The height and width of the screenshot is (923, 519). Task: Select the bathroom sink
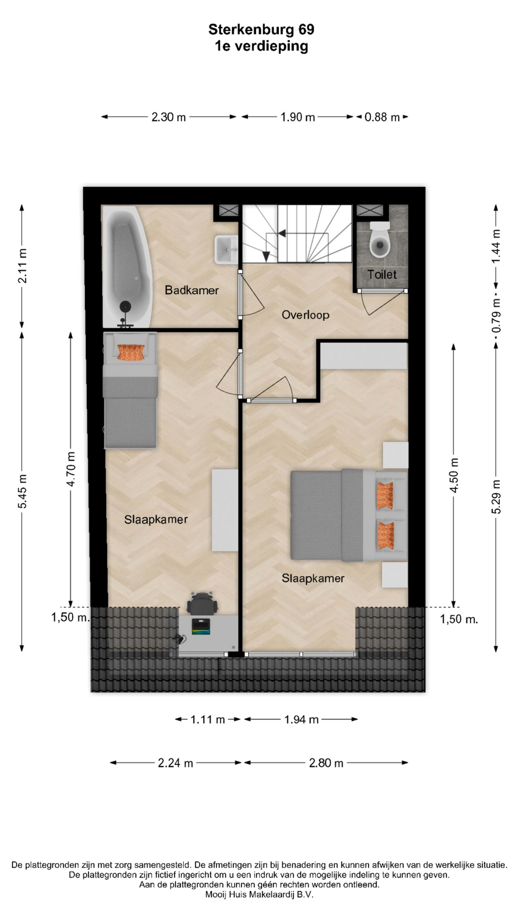tap(226, 249)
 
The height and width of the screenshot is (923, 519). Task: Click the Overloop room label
tap(305, 315)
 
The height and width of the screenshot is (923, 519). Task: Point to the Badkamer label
tap(192, 290)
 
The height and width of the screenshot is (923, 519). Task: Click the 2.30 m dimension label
tap(169, 117)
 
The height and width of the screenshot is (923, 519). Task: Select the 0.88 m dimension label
tap(382, 117)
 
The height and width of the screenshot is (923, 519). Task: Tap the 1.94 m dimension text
tap(301, 719)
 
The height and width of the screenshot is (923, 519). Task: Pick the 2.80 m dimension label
tap(326, 762)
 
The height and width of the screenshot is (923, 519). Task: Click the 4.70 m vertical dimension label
tap(71, 469)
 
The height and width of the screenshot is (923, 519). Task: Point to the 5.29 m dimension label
tap(496, 497)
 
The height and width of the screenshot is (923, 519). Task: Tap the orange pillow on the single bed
tap(131, 352)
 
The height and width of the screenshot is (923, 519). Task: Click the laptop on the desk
tap(201, 626)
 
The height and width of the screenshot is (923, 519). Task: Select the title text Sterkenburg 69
tap(261, 30)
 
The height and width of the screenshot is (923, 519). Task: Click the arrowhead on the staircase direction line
tap(282, 233)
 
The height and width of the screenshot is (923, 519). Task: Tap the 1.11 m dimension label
tap(208, 719)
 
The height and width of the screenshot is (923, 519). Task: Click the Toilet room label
tap(382, 274)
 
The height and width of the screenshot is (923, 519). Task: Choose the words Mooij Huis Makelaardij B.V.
tap(259, 895)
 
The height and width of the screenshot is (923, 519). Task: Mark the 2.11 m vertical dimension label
tap(22, 265)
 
